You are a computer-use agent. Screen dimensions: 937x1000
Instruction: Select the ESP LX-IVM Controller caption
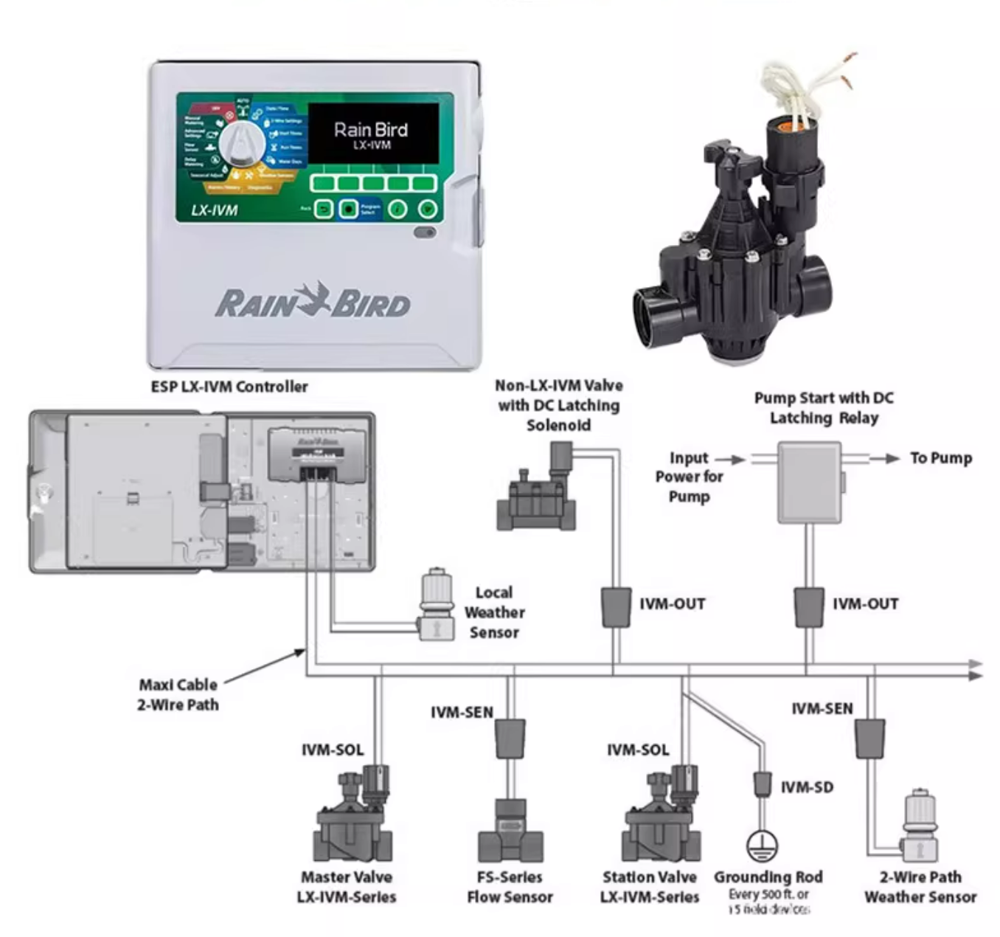[229, 387]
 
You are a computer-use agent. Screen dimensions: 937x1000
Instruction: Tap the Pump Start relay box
[810, 483]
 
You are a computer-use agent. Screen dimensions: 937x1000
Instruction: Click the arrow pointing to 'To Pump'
[884, 458]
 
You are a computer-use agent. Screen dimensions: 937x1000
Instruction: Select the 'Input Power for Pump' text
[689, 477]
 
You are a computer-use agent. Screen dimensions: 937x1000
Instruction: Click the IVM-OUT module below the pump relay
[809, 606]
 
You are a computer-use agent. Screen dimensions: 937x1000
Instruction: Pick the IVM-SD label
[807, 787]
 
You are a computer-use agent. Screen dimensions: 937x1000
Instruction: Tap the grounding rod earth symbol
[762, 846]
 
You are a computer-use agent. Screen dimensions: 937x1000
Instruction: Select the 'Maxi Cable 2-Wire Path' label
[178, 694]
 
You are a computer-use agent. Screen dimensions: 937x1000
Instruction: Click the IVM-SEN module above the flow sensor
[510, 739]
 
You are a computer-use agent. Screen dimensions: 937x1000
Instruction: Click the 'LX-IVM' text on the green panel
[214, 210]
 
